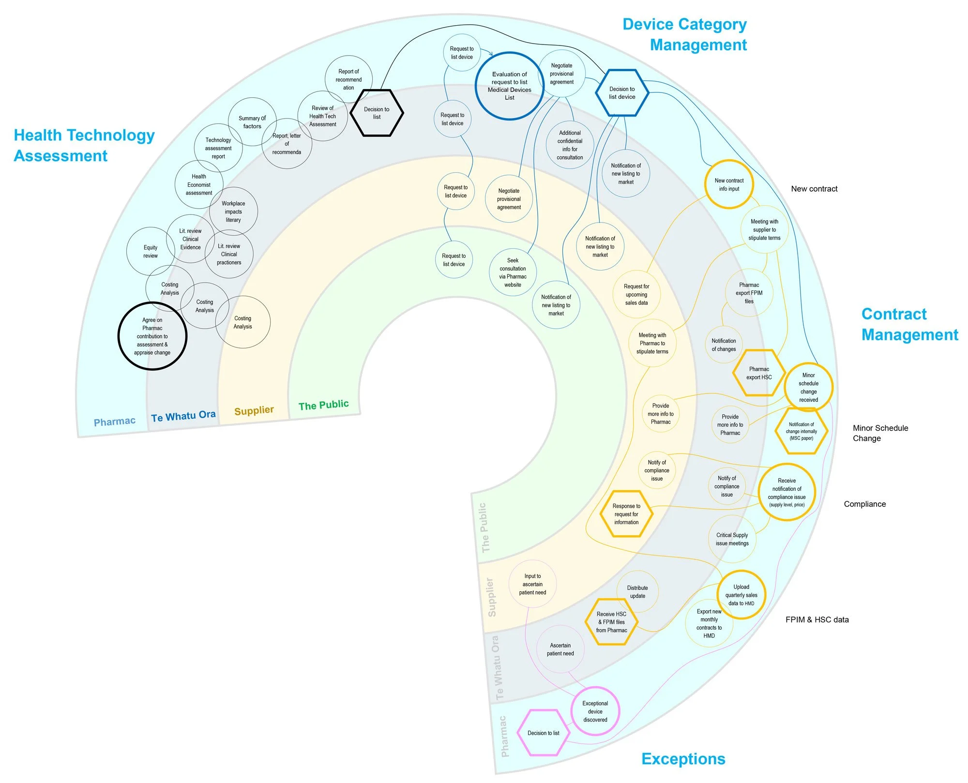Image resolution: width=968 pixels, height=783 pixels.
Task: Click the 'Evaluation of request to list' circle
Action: point(509,86)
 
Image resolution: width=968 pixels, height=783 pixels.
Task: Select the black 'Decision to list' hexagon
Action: point(377,113)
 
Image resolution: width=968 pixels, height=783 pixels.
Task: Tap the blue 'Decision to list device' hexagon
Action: point(622,93)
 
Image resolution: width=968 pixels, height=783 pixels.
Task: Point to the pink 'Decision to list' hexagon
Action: point(544,733)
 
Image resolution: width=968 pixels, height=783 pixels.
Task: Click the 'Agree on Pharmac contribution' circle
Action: point(152,336)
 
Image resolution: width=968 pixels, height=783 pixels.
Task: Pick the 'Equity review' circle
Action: point(151,252)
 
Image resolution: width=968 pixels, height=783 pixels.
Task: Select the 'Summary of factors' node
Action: point(252,122)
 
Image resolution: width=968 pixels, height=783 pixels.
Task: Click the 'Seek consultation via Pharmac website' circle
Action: point(513,272)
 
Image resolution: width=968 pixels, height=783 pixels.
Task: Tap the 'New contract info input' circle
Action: point(729,184)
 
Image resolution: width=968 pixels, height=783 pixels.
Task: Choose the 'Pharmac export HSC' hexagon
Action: point(759,373)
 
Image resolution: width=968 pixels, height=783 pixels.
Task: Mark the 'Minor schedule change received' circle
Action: point(808,387)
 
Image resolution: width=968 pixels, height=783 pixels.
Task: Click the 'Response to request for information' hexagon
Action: point(626,514)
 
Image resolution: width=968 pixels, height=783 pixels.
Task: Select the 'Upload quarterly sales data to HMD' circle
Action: point(741,595)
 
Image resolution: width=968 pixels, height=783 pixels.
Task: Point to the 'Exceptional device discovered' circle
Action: point(595,711)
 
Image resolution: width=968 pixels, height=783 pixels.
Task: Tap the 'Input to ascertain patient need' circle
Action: point(532,584)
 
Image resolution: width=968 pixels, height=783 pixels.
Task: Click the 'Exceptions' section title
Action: point(683,759)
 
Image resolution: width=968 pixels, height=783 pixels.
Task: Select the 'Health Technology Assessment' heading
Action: point(84,145)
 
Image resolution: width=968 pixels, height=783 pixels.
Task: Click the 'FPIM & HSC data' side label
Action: point(817,619)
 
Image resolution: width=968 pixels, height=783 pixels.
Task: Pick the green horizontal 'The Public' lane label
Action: point(323,405)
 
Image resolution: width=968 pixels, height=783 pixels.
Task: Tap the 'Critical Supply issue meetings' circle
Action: point(732,539)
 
